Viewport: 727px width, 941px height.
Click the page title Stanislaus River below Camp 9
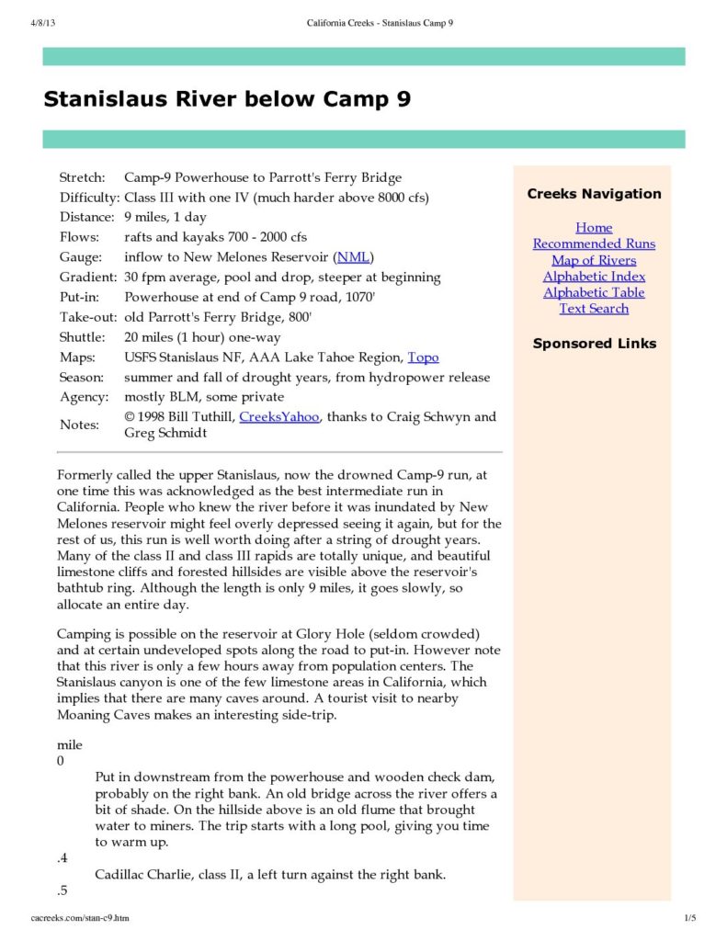coord(227,99)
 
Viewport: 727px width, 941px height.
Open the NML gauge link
coord(354,257)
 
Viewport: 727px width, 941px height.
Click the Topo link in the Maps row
coord(423,357)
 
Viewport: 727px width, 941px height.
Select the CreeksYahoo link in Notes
coord(279,417)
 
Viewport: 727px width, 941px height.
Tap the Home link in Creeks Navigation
coord(594,228)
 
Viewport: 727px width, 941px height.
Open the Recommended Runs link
coord(594,244)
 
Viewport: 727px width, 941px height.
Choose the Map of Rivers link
coord(594,260)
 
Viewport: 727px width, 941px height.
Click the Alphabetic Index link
coord(594,277)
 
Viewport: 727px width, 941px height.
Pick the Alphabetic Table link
coord(594,292)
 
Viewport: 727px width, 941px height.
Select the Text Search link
coord(594,309)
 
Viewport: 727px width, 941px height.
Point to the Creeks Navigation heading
coord(594,194)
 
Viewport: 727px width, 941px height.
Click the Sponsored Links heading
coord(594,344)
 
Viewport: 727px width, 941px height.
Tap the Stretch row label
coord(83,177)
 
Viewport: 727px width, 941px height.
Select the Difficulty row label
coord(89,198)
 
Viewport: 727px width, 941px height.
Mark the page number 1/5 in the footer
coord(690,918)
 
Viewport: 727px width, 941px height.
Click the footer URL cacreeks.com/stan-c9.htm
coord(80,918)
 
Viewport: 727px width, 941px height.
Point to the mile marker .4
coord(62,858)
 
